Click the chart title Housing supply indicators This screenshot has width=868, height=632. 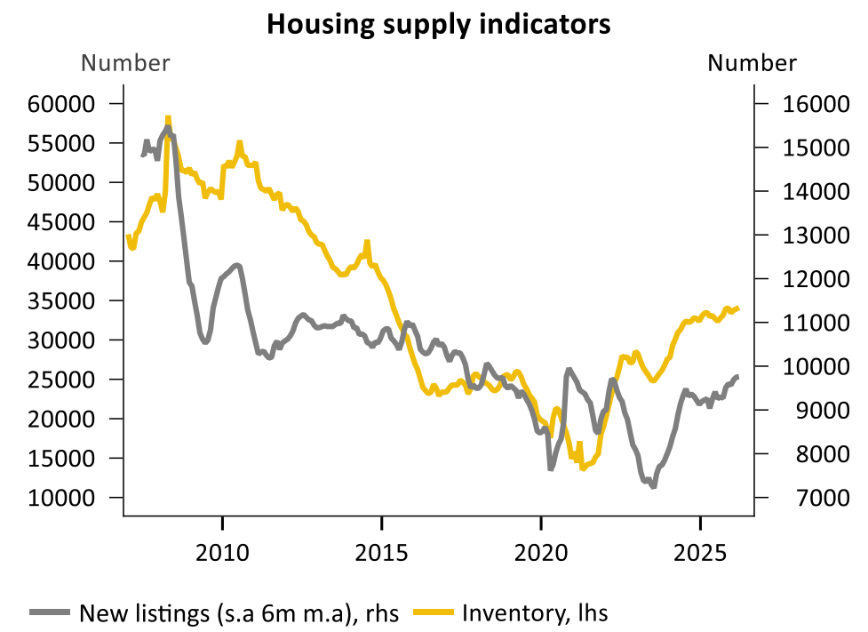coord(438,24)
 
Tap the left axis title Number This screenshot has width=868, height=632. coord(125,63)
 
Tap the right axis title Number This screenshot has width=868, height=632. coord(752,63)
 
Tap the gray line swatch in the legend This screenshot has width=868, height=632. coord(52,612)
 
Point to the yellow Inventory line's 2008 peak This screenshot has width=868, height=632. coord(167,118)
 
